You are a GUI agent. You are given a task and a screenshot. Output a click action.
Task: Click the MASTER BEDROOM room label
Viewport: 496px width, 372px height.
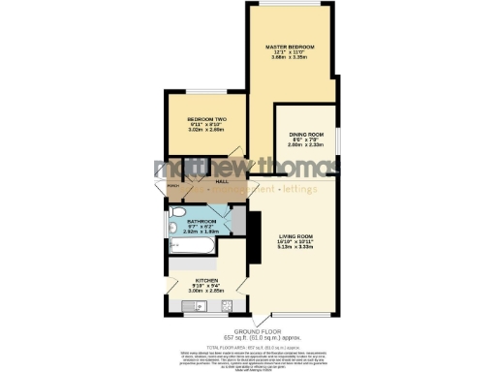291,46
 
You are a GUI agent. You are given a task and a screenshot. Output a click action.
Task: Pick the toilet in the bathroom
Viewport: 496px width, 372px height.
175,215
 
